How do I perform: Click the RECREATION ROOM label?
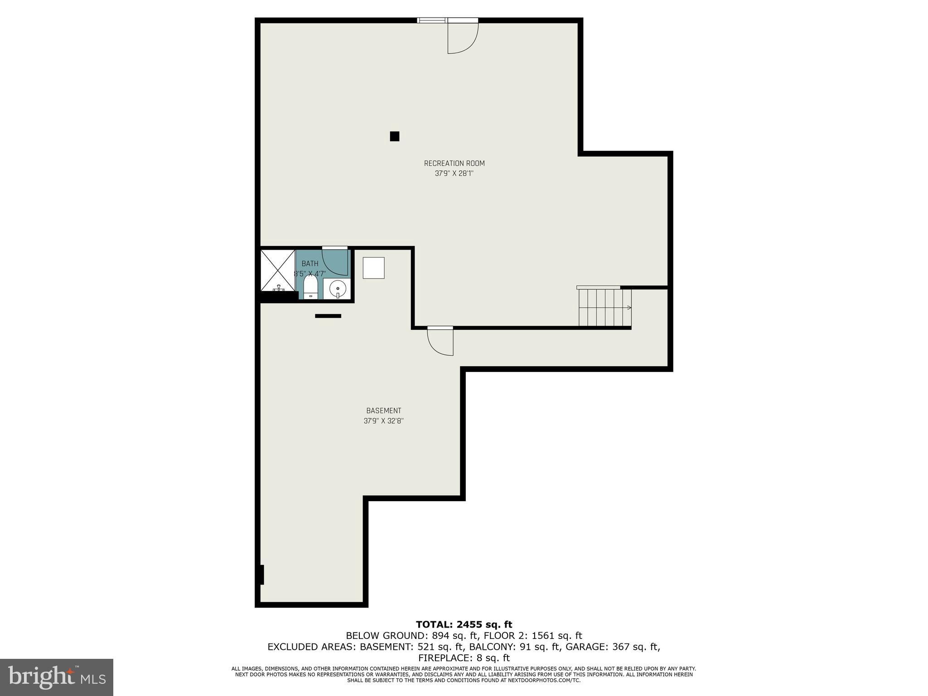454,163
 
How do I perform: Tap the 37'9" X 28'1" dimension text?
454,173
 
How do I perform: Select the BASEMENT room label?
384,411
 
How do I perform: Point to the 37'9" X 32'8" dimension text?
384,420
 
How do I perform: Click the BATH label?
310,263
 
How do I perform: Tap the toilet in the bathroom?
310,287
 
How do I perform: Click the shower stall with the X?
278,271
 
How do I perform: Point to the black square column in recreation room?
395,136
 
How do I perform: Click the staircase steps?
604,308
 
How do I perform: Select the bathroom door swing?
335,262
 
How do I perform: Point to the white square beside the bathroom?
373,268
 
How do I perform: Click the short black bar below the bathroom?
328,316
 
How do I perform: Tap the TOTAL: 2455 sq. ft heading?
464,624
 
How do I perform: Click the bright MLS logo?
57,677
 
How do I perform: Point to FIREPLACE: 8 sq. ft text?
464,657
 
